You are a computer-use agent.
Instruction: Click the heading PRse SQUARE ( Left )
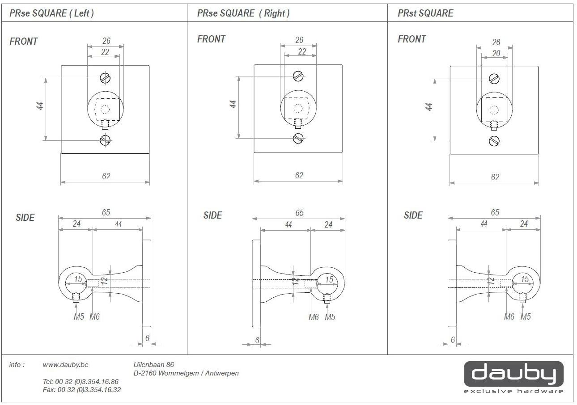point(52,13)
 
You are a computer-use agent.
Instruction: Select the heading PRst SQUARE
point(425,13)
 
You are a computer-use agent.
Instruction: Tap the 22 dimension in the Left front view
point(105,52)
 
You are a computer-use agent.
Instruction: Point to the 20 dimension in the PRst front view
point(496,54)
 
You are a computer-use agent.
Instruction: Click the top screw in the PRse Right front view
point(298,76)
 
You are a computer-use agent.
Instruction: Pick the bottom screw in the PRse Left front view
point(105,140)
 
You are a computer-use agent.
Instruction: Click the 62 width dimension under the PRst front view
point(495,177)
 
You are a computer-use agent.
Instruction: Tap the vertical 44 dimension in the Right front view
point(233,104)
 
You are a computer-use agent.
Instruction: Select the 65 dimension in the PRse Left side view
point(106,213)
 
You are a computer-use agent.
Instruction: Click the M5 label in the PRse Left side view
point(79,317)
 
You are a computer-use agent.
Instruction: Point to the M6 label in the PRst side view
point(509,317)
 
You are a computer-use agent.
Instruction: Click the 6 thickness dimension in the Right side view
point(257,340)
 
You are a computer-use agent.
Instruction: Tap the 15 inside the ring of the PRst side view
point(525,279)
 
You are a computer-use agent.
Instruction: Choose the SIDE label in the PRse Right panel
point(213,215)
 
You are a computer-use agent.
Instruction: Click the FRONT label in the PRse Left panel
point(24,42)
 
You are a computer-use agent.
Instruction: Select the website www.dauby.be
point(65,365)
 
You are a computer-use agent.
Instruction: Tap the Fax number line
point(81,390)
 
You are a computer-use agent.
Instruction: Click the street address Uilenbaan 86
point(154,365)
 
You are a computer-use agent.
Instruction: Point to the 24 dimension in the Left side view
point(76,224)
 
